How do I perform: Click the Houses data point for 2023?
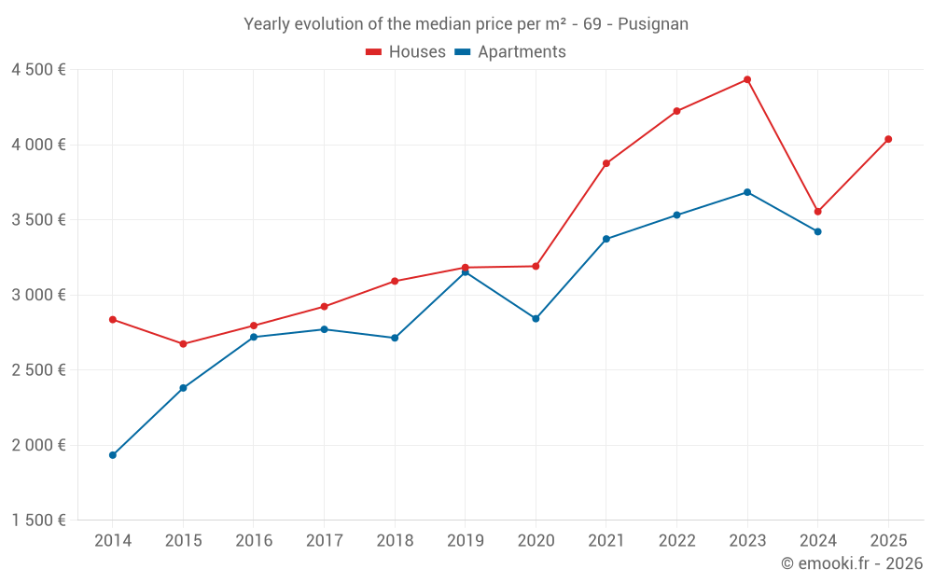pos(747,79)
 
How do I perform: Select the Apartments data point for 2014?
pos(113,455)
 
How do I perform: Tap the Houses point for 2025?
pos(888,139)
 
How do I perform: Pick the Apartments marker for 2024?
pos(818,231)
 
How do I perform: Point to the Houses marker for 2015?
pos(183,344)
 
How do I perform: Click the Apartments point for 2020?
pos(536,319)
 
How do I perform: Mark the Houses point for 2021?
pos(606,163)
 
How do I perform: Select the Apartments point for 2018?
pos(395,338)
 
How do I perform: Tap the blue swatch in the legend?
pos(462,52)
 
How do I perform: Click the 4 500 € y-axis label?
pos(38,70)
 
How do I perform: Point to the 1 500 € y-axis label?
pos(38,521)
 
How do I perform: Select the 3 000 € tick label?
pos(38,295)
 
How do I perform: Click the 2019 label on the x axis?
pos(466,541)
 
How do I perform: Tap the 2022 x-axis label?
pos(676,541)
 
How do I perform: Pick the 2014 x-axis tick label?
pos(113,541)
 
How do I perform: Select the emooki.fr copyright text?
pos(852,563)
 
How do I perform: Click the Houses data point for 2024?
pos(818,212)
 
